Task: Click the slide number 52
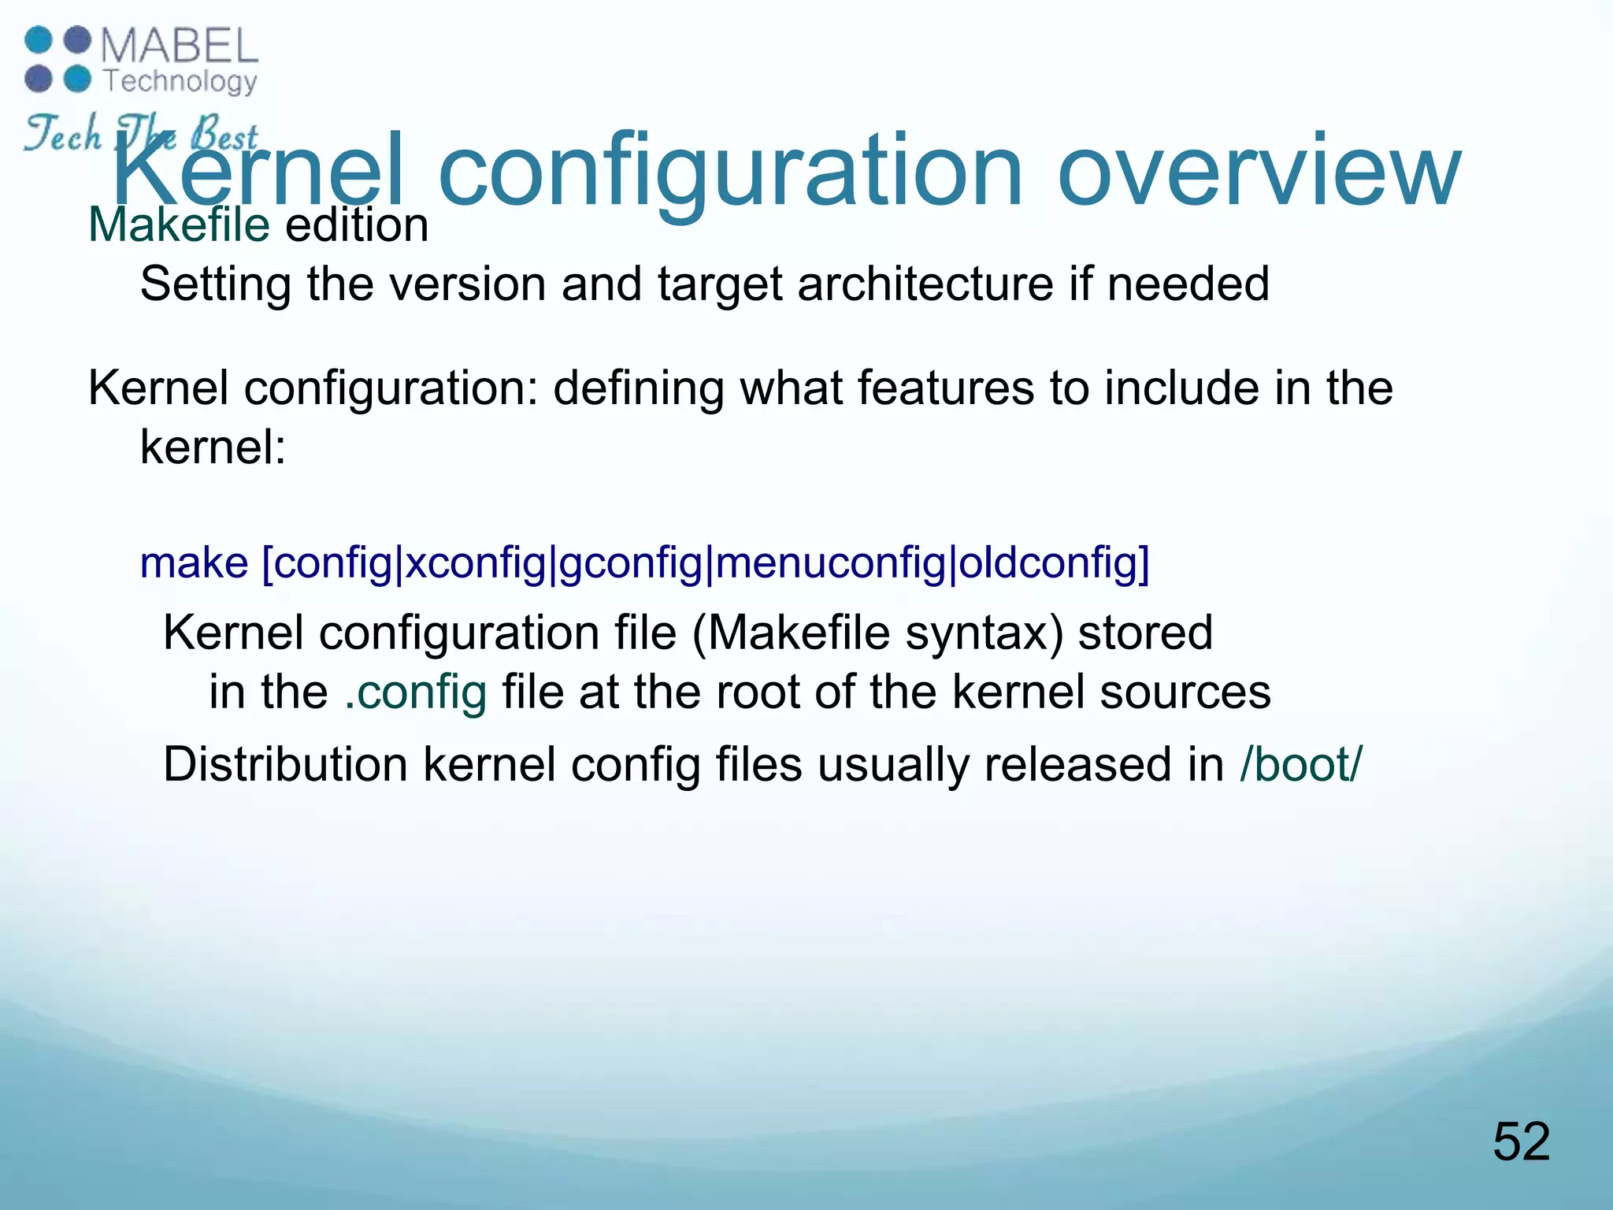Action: tap(1521, 1141)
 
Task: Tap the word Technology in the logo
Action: tap(180, 81)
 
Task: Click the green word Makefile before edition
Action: tap(179, 225)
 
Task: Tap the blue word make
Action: tap(194, 563)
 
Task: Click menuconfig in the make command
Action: tap(830, 564)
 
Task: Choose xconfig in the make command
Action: tap(475, 564)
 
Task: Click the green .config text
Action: tap(416, 692)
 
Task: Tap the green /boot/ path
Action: tap(1300, 764)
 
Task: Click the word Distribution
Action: tap(285, 764)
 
